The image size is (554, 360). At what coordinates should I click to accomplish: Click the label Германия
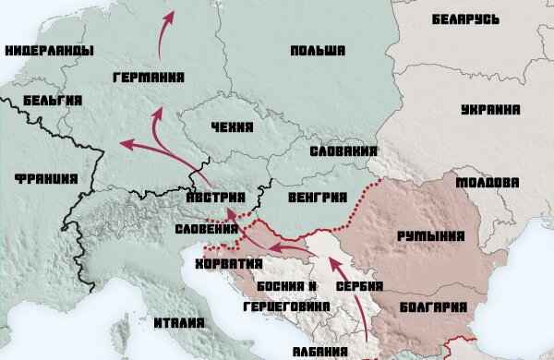[x=145, y=78]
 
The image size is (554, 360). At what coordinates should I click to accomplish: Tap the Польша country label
[x=317, y=51]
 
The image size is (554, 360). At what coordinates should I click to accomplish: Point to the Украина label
[x=489, y=110]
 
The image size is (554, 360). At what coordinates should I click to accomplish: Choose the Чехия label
[x=230, y=128]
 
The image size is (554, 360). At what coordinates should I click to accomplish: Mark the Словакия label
[x=343, y=150]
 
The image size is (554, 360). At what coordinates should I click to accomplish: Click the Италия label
[x=181, y=322]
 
